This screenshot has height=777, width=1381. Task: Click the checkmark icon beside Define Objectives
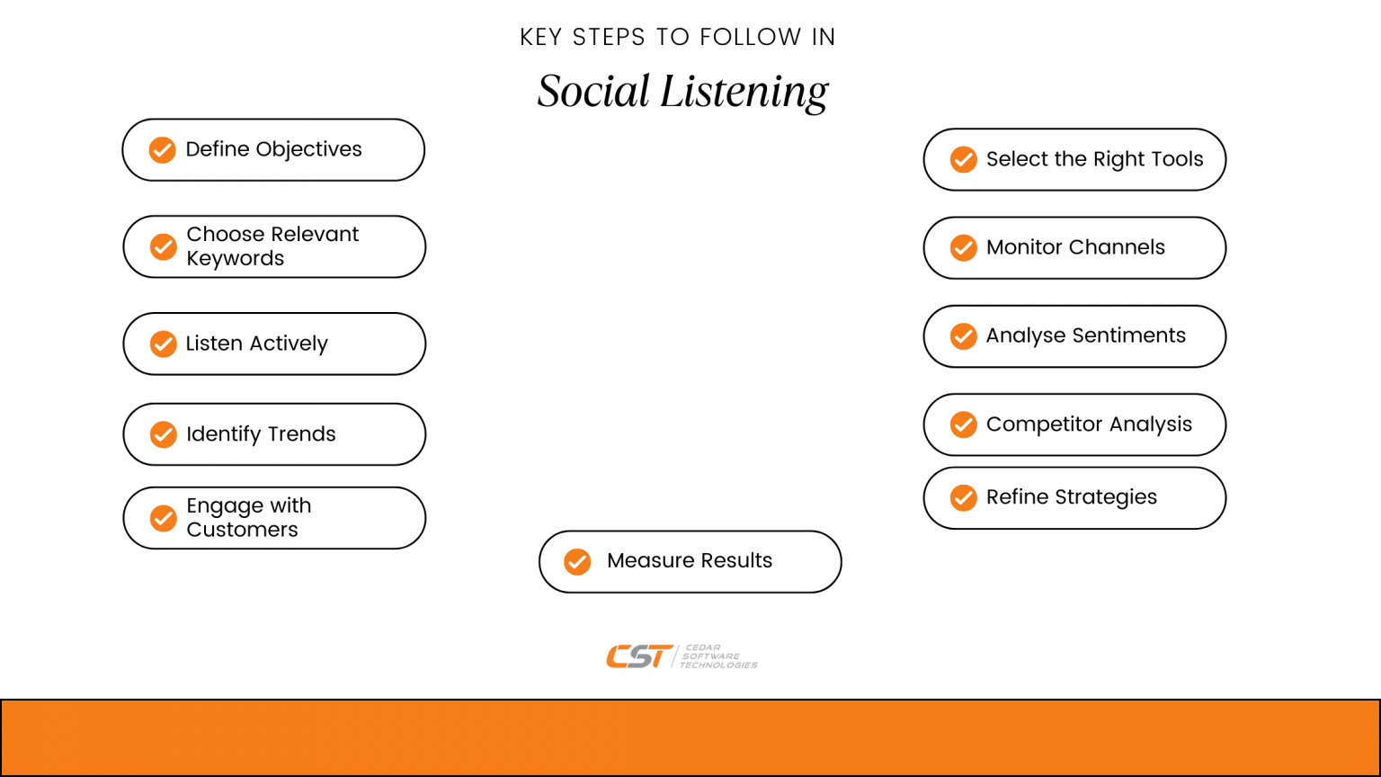[162, 149]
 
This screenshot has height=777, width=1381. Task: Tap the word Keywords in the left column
[235, 259]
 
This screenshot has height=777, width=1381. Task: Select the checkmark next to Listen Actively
[163, 344]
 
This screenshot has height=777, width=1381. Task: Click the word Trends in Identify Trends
[301, 433]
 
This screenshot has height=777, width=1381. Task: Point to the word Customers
[242, 530]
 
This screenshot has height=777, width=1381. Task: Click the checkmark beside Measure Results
[577, 561]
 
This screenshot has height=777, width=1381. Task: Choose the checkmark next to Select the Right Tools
[963, 159]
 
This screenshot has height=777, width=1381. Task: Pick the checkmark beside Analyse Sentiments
[963, 336]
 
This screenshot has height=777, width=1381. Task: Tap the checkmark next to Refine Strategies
[963, 497]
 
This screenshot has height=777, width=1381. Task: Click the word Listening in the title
[744, 92]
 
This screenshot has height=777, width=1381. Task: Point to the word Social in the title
[593, 91]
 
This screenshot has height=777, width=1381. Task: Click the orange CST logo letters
[639, 656]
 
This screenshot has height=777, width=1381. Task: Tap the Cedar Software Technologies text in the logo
[717, 656]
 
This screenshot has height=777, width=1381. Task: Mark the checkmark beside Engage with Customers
[163, 518]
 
